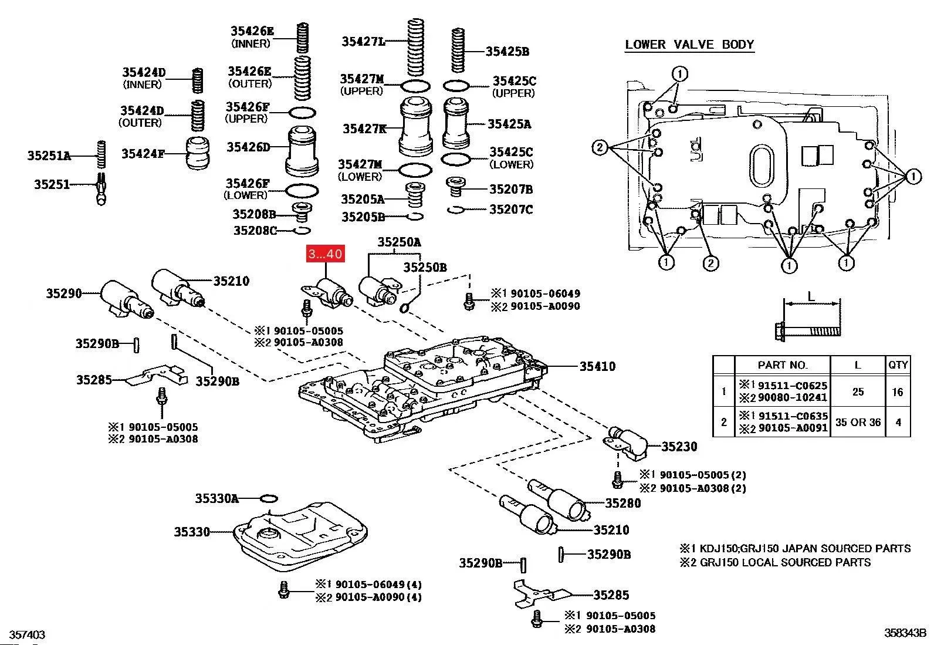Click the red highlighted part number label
click(x=325, y=254)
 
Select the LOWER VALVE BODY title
click(x=689, y=45)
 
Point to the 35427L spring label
click(x=364, y=41)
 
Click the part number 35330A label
click(x=216, y=499)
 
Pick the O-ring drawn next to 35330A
click(x=268, y=499)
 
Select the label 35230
click(x=679, y=447)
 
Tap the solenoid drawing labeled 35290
click(x=125, y=298)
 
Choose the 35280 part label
click(x=623, y=503)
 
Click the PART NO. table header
click(x=783, y=365)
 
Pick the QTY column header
click(x=898, y=364)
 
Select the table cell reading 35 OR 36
click(x=858, y=422)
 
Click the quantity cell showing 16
click(x=898, y=391)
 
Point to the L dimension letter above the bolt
click(x=811, y=297)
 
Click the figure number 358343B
click(x=905, y=633)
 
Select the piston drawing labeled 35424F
click(x=198, y=153)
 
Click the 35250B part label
click(x=425, y=268)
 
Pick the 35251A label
click(x=49, y=156)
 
